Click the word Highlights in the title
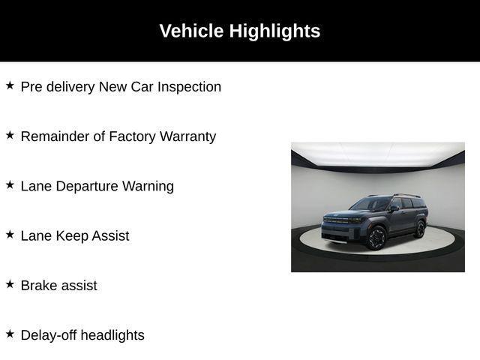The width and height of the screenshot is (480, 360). [x=274, y=31]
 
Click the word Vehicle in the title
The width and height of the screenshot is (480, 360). [x=191, y=31]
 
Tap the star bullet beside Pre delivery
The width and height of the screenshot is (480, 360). [x=10, y=85]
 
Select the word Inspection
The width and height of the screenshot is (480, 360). [x=188, y=87]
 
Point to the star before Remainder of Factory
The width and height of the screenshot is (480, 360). [x=10, y=135]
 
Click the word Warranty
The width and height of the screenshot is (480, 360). [x=187, y=136]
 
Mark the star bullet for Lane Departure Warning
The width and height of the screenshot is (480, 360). [x=10, y=184]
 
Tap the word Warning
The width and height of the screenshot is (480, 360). [x=148, y=186]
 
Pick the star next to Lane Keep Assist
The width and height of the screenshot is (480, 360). [x=10, y=234]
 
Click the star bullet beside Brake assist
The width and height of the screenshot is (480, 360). [x=10, y=283]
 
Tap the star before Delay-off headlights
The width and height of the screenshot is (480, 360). [x=10, y=333]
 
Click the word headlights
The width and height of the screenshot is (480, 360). [x=112, y=334]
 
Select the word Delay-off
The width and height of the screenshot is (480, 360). [x=49, y=334]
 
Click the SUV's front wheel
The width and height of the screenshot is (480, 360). [x=376, y=238]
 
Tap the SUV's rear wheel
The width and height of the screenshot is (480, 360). [x=419, y=228]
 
